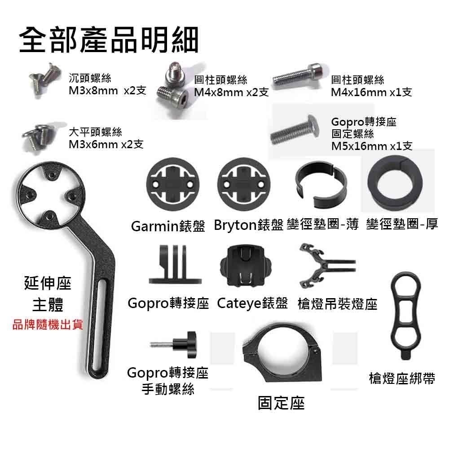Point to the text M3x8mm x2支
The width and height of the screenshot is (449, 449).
pos(107,91)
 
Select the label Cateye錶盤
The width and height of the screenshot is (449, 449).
pos(252,304)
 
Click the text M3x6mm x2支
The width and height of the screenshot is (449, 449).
pos(106,145)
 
